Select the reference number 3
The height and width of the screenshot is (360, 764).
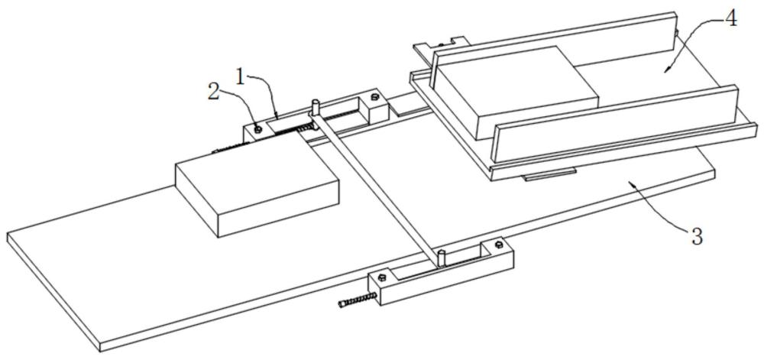(696, 236)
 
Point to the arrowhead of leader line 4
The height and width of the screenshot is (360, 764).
(666, 70)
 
